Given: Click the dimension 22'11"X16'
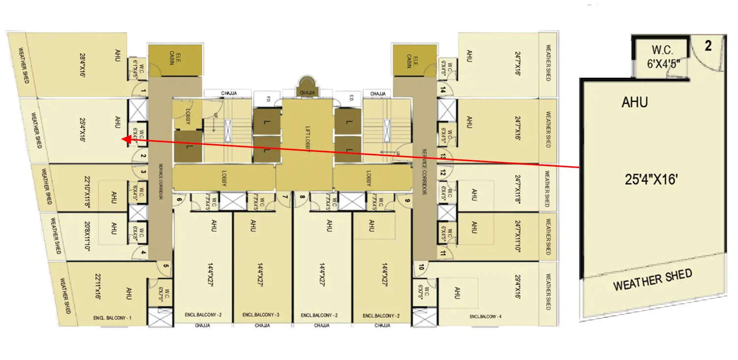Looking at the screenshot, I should (x=97, y=287).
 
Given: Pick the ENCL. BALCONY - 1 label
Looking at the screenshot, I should (x=112, y=318).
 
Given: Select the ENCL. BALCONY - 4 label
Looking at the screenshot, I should (x=486, y=316).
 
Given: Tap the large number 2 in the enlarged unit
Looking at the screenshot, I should (x=708, y=46).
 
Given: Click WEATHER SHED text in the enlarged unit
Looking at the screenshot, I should (x=652, y=279).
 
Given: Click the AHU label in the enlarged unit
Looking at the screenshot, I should (x=635, y=102).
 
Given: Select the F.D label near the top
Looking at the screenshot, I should (x=268, y=97).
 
